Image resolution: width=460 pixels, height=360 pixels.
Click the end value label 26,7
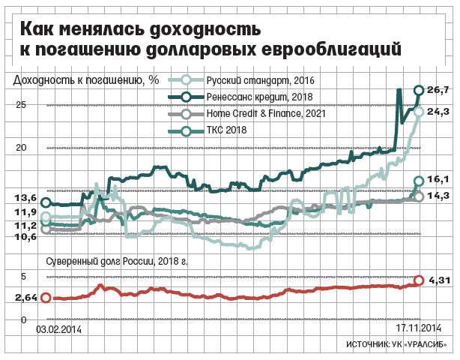(x=438, y=90)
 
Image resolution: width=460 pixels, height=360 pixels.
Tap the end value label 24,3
(x=438, y=111)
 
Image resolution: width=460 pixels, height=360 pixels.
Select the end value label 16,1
(x=438, y=180)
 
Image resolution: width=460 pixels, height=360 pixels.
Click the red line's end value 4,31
(x=438, y=281)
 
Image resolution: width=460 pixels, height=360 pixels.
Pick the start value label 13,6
(x=25, y=198)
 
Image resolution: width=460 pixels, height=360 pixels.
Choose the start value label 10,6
(x=25, y=236)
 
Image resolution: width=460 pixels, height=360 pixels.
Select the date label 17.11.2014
(x=419, y=328)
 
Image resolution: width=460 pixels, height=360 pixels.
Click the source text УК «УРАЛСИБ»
(x=420, y=343)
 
